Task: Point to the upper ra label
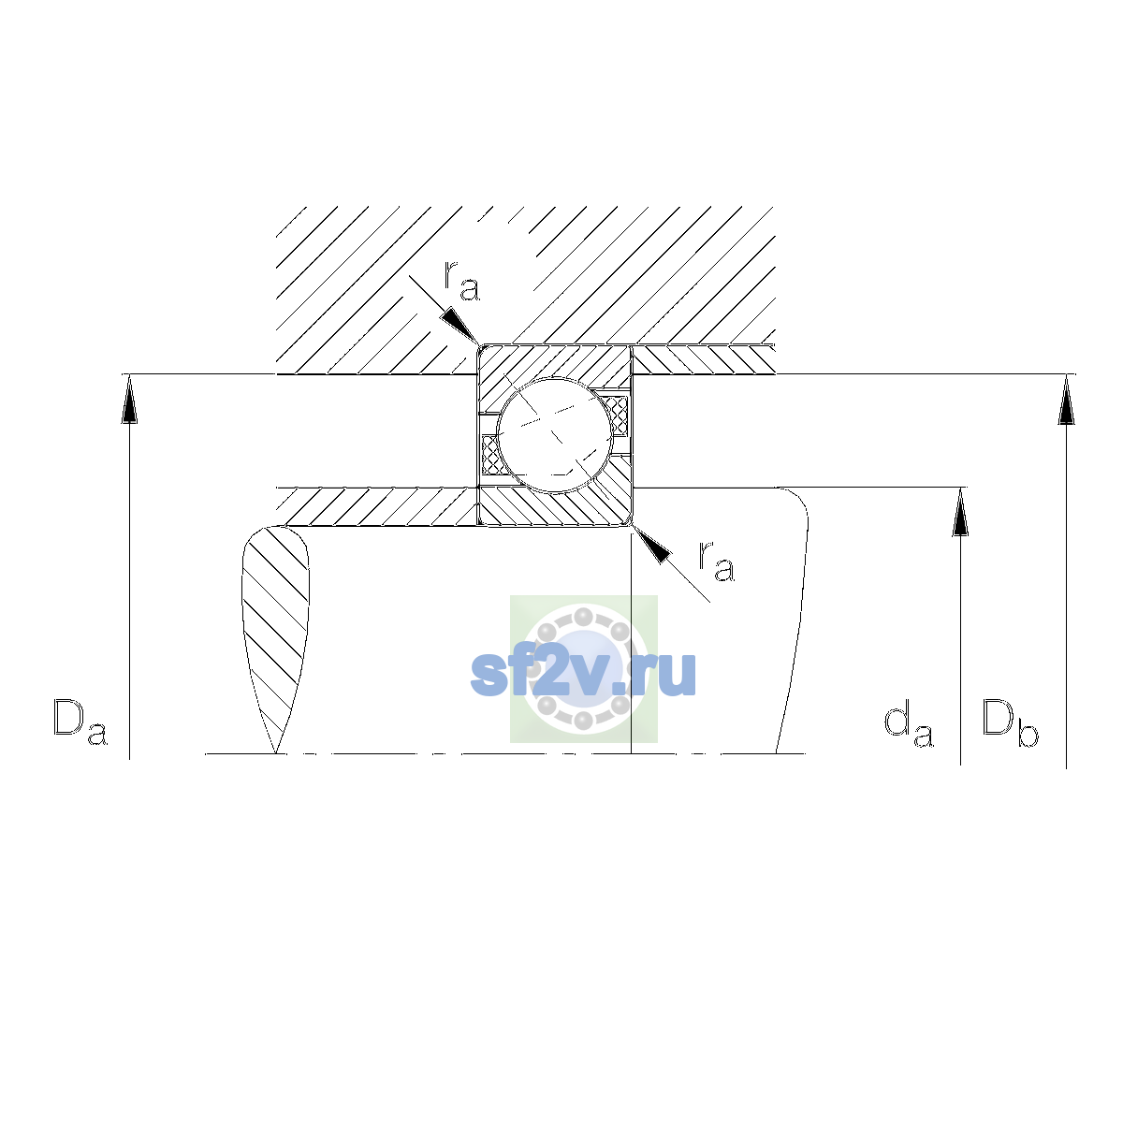pyautogui.click(x=461, y=281)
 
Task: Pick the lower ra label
pyautogui.click(x=717, y=561)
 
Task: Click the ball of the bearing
pyautogui.click(x=555, y=435)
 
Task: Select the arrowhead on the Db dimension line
pyautogui.click(x=1066, y=400)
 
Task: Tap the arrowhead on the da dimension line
pyautogui.click(x=960, y=512)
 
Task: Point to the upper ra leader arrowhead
pyautogui.click(x=459, y=326)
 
